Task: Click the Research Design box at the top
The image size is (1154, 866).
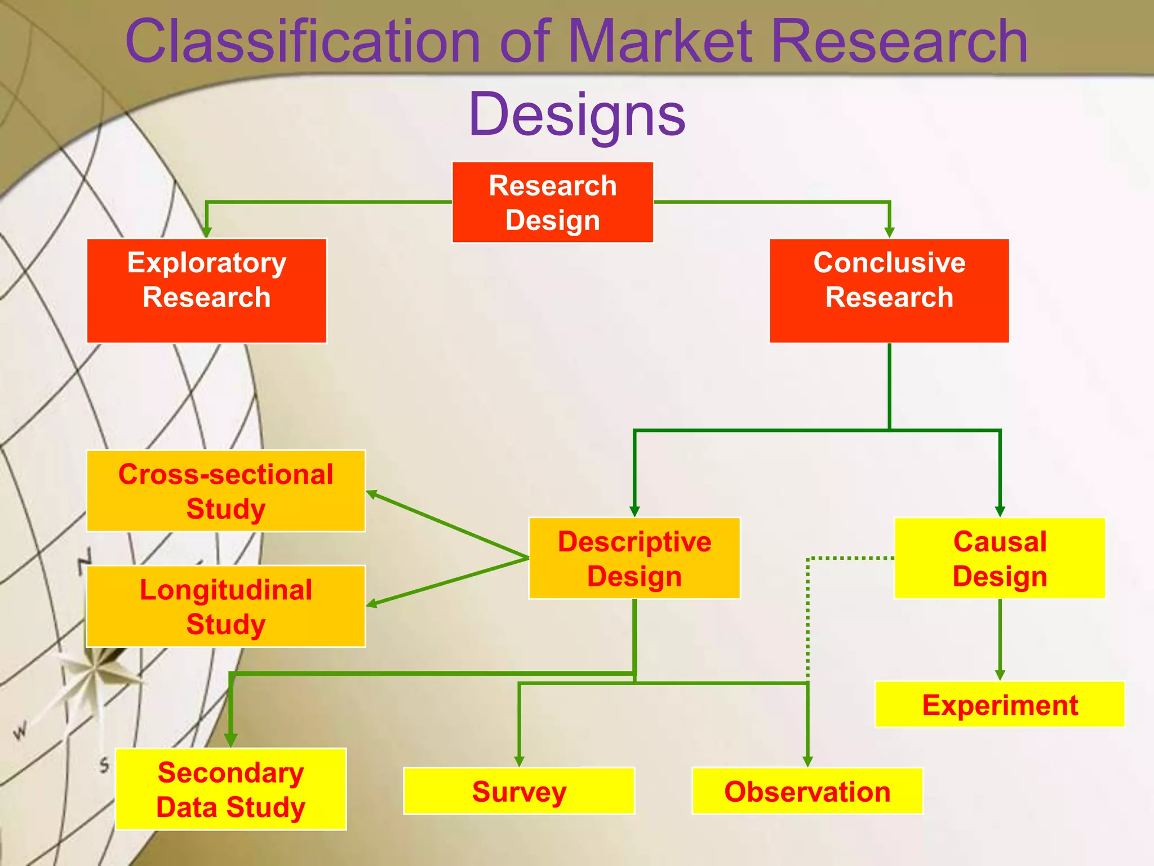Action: click(553, 202)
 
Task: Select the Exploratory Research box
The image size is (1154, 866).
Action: click(207, 290)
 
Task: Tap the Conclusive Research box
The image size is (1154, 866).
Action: click(889, 290)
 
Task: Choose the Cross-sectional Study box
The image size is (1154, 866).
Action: click(226, 491)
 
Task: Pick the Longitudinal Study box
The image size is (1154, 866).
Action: click(226, 607)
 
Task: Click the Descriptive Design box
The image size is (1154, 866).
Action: click(634, 558)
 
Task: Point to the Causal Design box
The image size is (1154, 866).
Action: click(1000, 558)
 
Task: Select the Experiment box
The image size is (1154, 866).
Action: click(1000, 705)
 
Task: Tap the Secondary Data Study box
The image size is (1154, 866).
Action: click(231, 789)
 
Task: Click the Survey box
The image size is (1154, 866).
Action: click(519, 791)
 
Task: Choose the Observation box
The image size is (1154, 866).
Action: click(807, 791)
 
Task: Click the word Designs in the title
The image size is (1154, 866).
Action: click(576, 114)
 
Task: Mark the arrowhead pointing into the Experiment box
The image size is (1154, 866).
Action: click(1000, 675)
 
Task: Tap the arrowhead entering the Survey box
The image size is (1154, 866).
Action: click(519, 761)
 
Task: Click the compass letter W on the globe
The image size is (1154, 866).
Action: click(20, 731)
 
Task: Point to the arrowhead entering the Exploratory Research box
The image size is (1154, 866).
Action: click(207, 232)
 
